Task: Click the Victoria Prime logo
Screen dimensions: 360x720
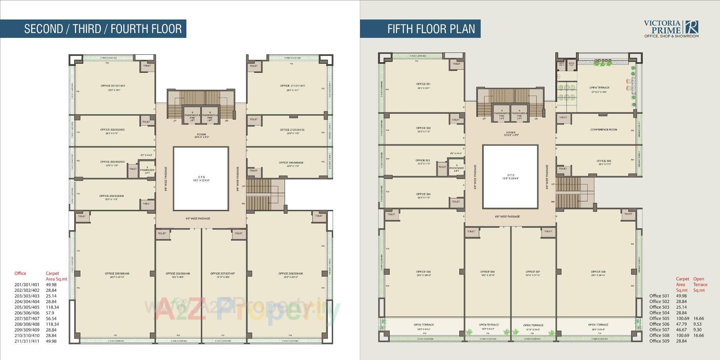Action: [x=671, y=28]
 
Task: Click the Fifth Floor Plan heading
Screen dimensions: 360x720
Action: [x=431, y=29]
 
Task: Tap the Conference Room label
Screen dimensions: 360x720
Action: [x=603, y=130]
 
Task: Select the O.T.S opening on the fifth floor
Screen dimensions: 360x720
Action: [x=510, y=177]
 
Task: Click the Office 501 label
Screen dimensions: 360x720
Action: [x=423, y=84]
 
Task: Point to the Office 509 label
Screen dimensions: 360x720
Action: [x=604, y=161]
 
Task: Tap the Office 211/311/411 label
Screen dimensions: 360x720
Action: [x=292, y=86]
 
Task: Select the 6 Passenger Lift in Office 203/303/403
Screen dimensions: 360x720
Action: [x=147, y=170]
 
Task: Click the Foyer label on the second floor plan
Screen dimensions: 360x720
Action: [x=201, y=135]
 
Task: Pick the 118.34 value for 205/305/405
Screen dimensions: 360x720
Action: [x=52, y=307]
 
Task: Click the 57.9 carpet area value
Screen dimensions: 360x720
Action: [x=50, y=313]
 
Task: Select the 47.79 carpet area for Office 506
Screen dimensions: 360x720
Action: [x=681, y=324]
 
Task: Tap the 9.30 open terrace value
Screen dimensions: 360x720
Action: [x=697, y=330]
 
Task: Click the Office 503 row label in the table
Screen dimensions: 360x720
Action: [x=659, y=307]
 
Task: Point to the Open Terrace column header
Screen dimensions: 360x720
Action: [x=700, y=284]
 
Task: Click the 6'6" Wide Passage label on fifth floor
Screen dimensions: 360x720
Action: [x=507, y=217]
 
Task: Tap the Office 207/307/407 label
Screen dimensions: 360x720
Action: [x=222, y=274]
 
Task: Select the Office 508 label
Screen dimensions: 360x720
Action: [x=598, y=272]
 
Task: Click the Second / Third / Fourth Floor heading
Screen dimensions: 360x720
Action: [x=103, y=29]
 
